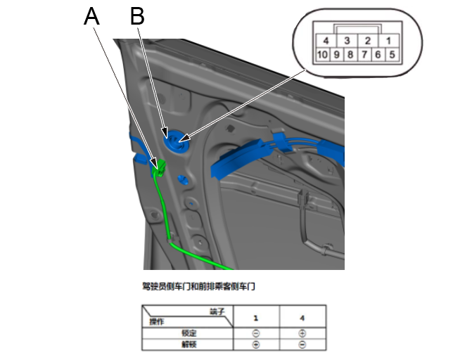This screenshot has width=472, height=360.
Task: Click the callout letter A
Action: (x=91, y=17)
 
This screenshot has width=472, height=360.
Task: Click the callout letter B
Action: (x=137, y=17)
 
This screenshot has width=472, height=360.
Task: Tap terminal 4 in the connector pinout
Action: (x=326, y=41)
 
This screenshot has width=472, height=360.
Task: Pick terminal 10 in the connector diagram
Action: (x=322, y=54)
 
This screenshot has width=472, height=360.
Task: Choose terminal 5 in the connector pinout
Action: (x=392, y=54)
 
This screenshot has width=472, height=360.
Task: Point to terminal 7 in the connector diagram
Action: (x=363, y=54)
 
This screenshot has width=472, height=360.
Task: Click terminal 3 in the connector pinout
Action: (x=347, y=41)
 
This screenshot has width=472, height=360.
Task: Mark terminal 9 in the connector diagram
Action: (x=336, y=54)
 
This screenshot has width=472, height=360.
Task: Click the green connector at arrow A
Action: (x=160, y=167)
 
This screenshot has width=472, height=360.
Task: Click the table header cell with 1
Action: (x=256, y=319)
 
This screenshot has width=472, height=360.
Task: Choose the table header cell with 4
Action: (x=302, y=319)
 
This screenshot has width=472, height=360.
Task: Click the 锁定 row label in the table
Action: (x=189, y=334)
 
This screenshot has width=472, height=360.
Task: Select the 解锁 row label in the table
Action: (x=189, y=345)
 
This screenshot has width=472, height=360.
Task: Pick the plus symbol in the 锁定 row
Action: (x=302, y=334)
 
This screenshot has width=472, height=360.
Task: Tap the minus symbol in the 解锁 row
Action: (x=302, y=345)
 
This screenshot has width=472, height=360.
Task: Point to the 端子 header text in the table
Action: (x=217, y=311)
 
